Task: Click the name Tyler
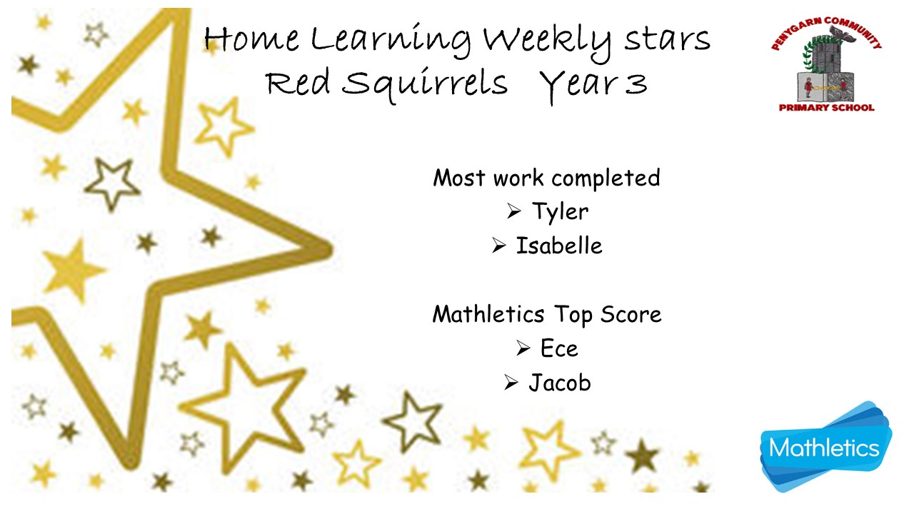560,211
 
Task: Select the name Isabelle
559,246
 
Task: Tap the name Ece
559,348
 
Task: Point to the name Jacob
559,383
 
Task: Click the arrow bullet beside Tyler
513,211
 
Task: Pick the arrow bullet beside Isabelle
498,246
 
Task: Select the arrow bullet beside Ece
523,348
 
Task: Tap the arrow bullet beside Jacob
511,383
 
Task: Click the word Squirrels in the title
425,84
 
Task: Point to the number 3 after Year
636,84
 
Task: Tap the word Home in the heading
251,39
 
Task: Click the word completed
606,178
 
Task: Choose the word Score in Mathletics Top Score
631,315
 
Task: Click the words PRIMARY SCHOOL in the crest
826,108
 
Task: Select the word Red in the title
298,84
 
